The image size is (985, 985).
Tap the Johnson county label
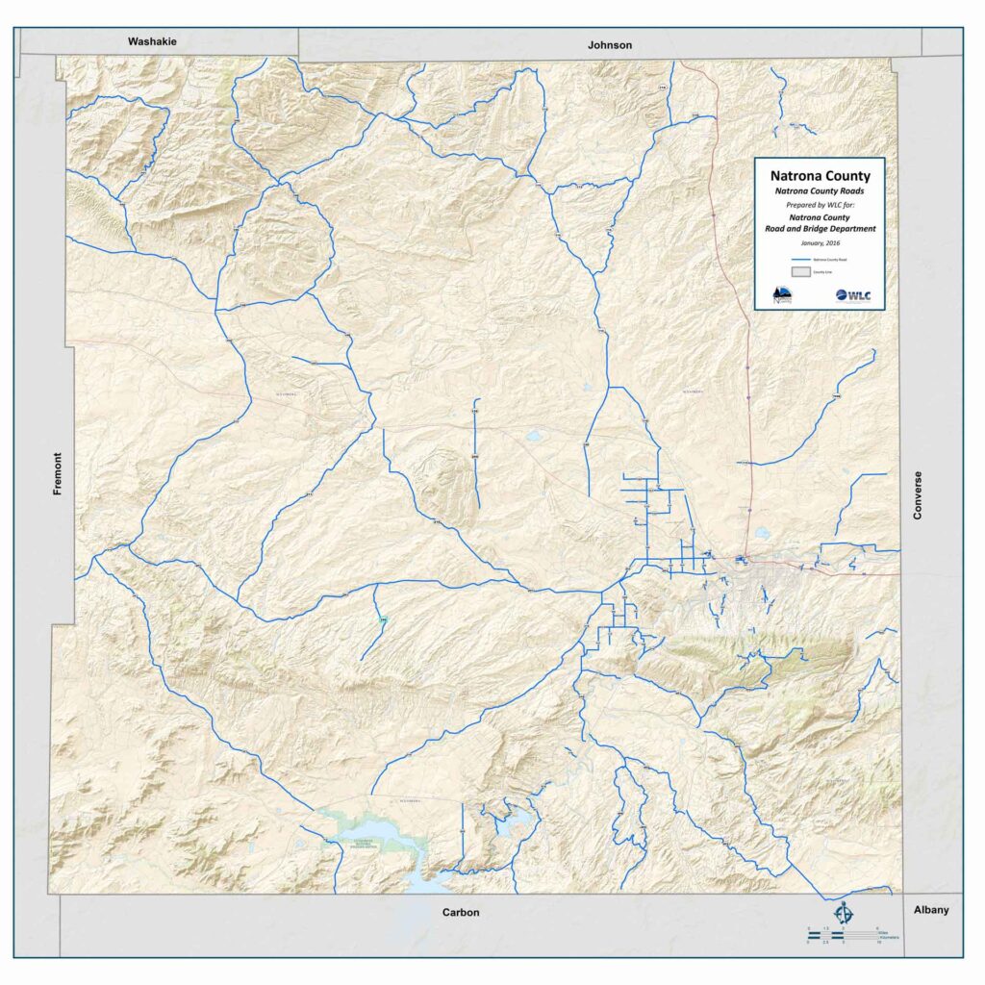click(611, 45)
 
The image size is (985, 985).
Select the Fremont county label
click(58, 474)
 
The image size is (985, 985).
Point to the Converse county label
click(918, 495)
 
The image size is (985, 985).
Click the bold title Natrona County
click(820, 176)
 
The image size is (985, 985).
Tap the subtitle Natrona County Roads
click(820, 191)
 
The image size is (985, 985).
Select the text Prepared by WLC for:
click(820, 205)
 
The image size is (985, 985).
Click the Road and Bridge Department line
click(820, 229)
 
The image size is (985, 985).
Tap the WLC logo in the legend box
click(853, 295)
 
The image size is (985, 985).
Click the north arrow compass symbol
click(844, 911)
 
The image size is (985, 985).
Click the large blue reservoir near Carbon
click(380, 831)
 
